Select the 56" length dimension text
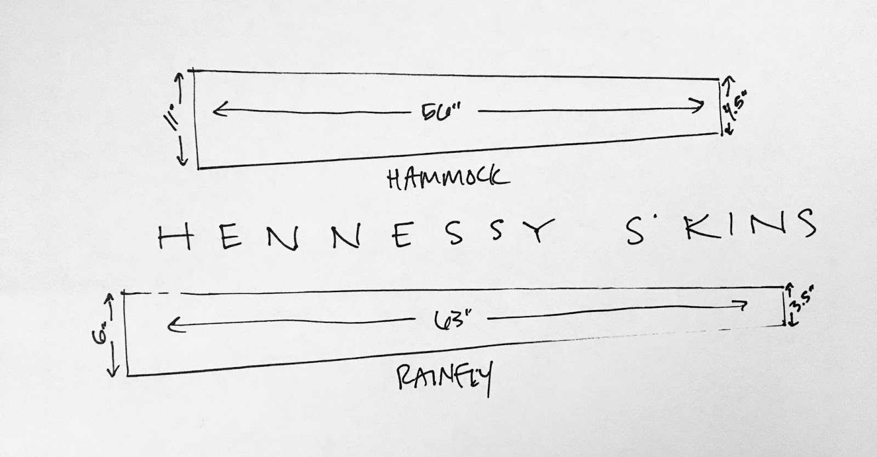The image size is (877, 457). (442, 113)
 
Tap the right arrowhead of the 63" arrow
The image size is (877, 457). (745, 304)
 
